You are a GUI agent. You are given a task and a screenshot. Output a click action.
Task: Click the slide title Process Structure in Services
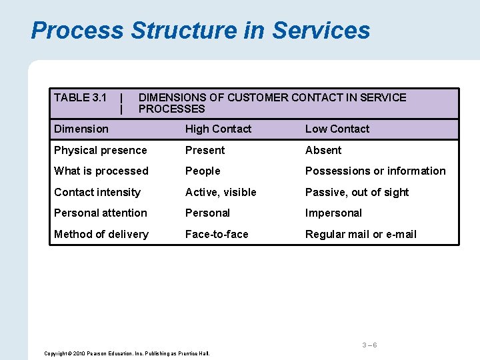pyautogui.click(x=200, y=31)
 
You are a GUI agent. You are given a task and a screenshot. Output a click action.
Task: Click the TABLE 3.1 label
pyautogui.click(x=80, y=98)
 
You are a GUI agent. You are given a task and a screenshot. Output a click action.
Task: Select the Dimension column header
pyautogui.click(x=81, y=129)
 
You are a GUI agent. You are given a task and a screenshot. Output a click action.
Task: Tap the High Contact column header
pyautogui.click(x=218, y=129)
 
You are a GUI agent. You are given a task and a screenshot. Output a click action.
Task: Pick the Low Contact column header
pyautogui.click(x=337, y=129)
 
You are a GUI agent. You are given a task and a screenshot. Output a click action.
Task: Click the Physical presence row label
pyautogui.click(x=100, y=151)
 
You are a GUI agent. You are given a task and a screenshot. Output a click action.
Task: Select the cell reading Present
pyautogui.click(x=205, y=151)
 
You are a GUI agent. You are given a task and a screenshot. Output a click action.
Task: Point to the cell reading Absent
pyautogui.click(x=323, y=151)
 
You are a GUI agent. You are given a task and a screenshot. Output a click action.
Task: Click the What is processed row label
pyautogui.click(x=101, y=171)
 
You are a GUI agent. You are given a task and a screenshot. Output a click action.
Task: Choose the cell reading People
pyautogui.click(x=203, y=171)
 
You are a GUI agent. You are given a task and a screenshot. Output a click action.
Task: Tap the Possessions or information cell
pyautogui.click(x=375, y=171)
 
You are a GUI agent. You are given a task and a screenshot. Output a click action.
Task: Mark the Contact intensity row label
pyautogui.click(x=97, y=193)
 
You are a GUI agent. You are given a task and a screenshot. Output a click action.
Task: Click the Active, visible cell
pyautogui.click(x=221, y=193)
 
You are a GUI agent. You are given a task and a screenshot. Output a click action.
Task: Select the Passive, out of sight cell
pyautogui.click(x=357, y=193)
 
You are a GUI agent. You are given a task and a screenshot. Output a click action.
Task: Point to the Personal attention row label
pyautogui.click(x=101, y=213)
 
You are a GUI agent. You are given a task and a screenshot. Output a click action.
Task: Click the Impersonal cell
pyautogui.click(x=333, y=213)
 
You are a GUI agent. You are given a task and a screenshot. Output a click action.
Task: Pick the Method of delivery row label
pyautogui.click(x=101, y=235)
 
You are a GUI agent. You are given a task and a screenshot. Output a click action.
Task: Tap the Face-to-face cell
pyautogui.click(x=217, y=235)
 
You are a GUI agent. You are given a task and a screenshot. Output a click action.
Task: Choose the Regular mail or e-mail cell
pyautogui.click(x=361, y=235)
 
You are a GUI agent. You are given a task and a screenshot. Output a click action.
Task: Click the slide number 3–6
pyautogui.click(x=369, y=345)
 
